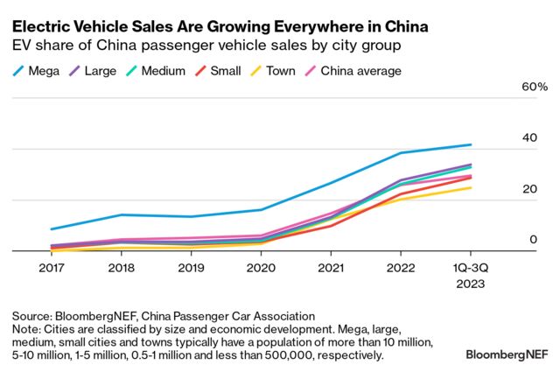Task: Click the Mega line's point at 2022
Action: pos(402,153)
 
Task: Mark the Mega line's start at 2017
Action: pos(52,229)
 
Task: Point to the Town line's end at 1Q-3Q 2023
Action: pos(472,187)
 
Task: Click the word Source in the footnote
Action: pos(32,316)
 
